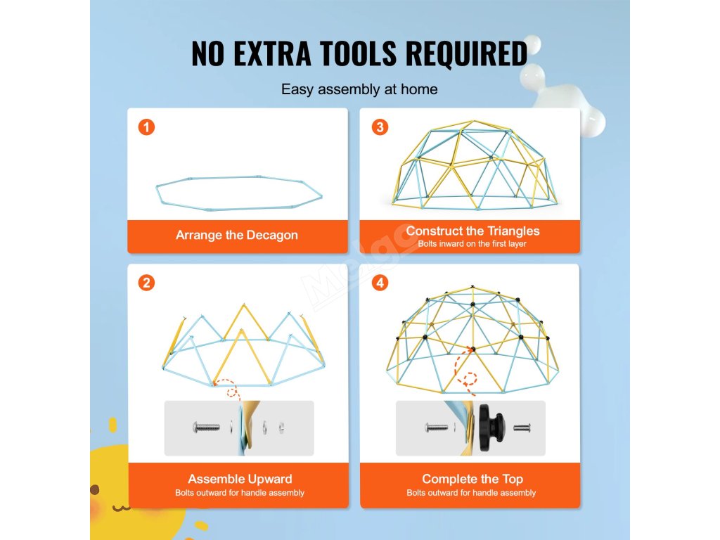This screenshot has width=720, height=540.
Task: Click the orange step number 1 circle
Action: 146,127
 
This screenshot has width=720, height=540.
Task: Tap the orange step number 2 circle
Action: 146,283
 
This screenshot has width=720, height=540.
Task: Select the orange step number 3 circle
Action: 380,127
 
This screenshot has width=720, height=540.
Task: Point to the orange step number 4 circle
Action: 380,283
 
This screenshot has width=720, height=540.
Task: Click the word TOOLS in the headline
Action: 358,53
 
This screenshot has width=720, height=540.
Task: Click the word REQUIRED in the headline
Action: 467,53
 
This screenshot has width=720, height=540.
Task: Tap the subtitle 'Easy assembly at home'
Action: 359,89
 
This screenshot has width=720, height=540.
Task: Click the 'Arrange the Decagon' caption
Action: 237,235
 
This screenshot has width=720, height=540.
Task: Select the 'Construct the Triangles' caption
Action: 472,231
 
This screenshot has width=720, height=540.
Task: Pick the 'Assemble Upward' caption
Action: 240,479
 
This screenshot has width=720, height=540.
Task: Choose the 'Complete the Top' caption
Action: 472,479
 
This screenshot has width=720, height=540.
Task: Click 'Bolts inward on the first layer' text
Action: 472,244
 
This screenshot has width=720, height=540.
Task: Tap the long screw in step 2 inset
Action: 206,428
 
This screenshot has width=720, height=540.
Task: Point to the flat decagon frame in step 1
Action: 239,193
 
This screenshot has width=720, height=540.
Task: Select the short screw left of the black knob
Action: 436,428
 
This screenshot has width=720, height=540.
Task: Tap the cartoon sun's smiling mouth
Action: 121,508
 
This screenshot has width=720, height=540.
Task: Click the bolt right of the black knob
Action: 522,428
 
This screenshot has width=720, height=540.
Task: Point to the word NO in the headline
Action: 207,53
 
